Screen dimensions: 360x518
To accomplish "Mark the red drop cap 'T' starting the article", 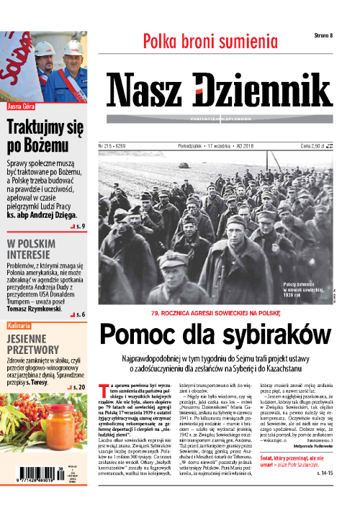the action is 102,388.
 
